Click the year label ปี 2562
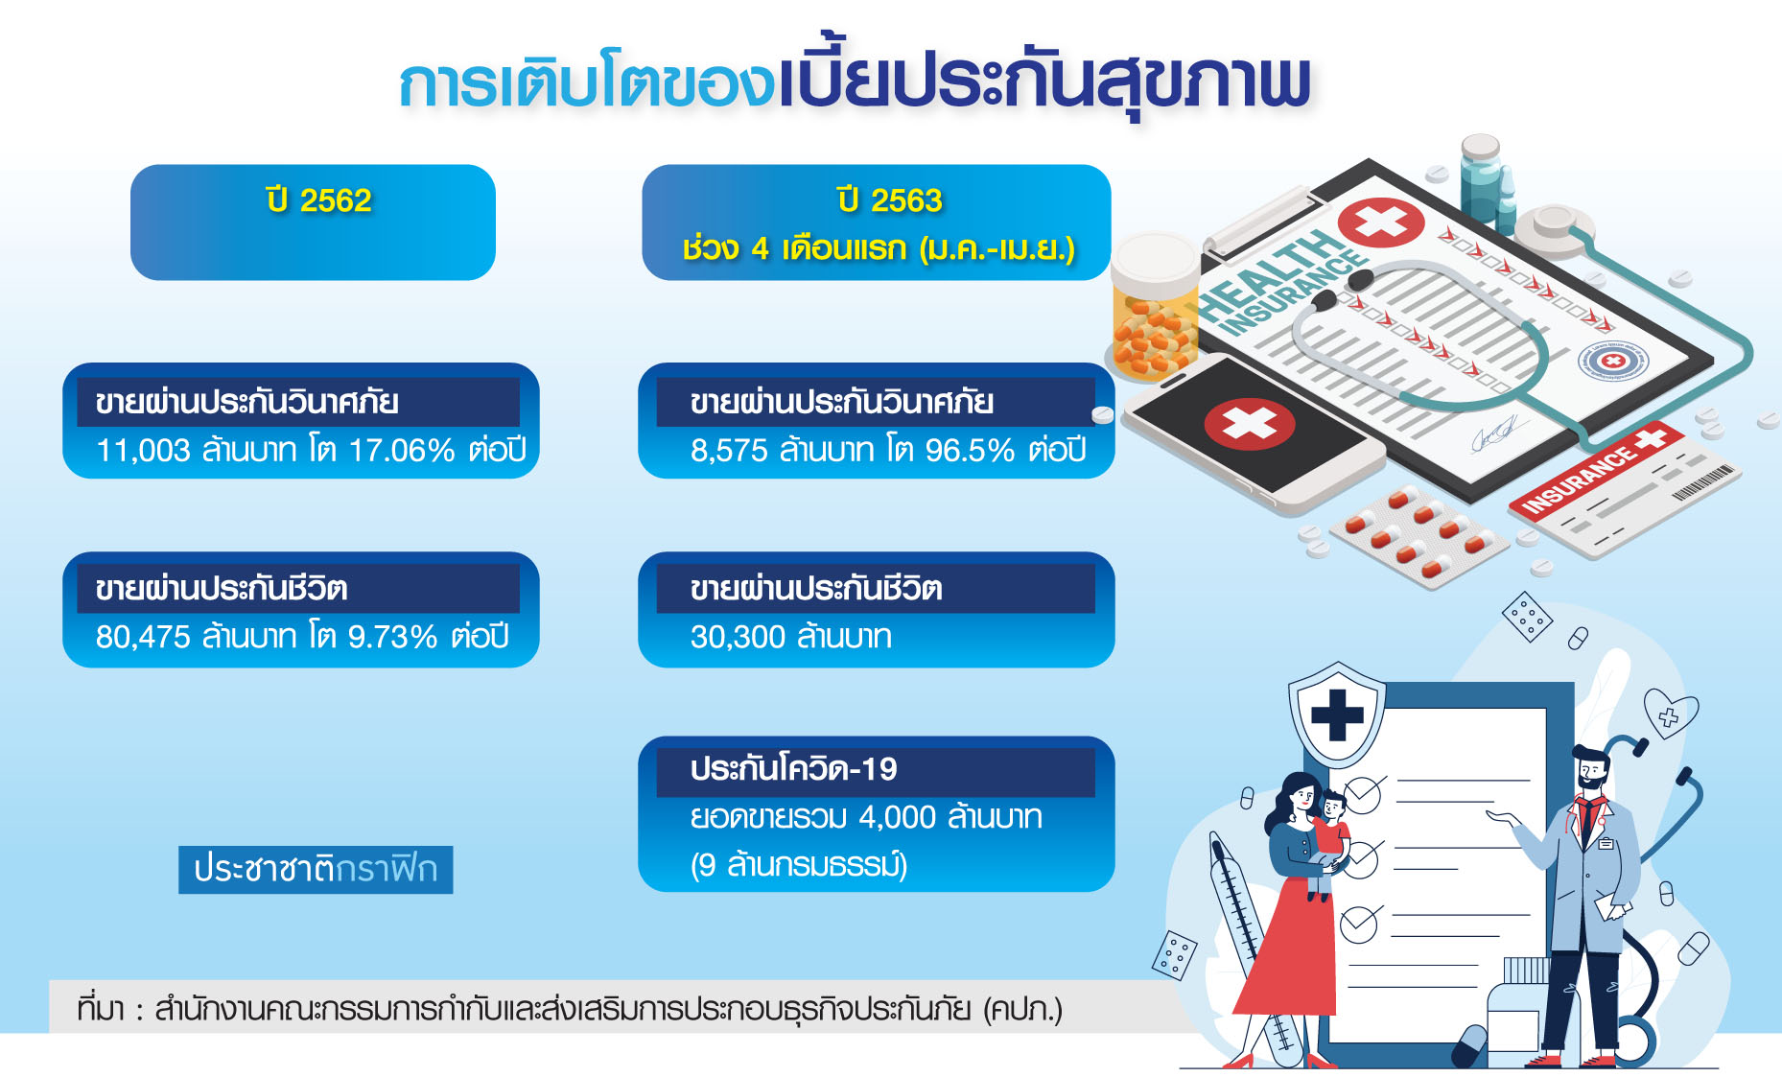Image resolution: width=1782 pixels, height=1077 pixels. click(x=318, y=199)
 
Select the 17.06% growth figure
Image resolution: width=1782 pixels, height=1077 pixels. click(x=401, y=450)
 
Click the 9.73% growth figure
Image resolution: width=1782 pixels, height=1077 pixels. click(x=392, y=636)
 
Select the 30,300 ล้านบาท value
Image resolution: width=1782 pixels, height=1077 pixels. click(x=791, y=636)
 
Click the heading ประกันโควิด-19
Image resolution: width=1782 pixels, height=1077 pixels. click(x=793, y=769)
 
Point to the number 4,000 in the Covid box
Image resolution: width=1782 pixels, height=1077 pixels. click(x=897, y=817)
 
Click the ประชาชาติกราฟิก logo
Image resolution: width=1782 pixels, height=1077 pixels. click(x=316, y=869)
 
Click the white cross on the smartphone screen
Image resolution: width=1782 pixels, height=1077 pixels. click(x=1250, y=423)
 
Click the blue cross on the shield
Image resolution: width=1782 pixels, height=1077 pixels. click(x=1337, y=714)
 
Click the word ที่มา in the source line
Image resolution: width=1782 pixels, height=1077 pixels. click(x=101, y=1008)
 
